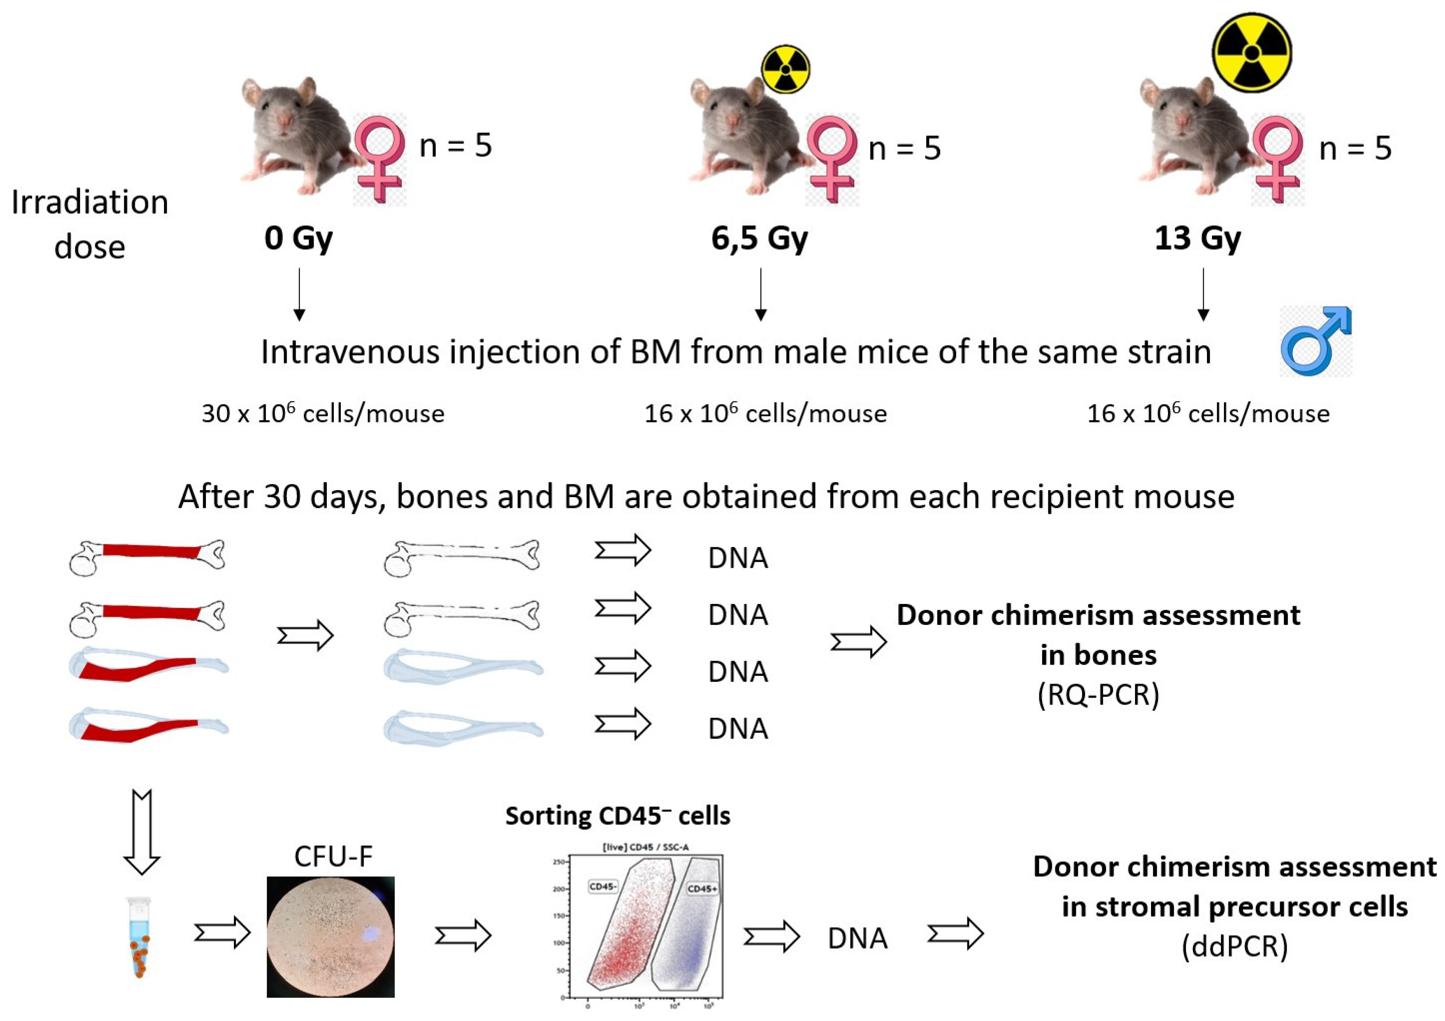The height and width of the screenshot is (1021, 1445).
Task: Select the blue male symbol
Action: coord(1316,341)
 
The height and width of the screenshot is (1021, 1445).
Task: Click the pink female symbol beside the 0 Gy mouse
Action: coord(379,159)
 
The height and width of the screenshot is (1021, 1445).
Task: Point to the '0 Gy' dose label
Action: coord(298,238)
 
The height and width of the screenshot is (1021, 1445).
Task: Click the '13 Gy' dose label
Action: coord(1197,238)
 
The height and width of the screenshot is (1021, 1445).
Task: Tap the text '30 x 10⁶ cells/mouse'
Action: coord(323,413)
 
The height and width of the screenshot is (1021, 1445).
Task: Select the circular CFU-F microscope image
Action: coord(331,937)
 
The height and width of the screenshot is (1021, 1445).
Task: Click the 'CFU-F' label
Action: coord(333,855)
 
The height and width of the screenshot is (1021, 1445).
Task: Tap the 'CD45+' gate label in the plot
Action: coord(702,889)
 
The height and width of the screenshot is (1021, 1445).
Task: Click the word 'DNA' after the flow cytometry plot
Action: coord(857,938)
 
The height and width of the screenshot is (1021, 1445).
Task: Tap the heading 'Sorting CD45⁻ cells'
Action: coord(617,816)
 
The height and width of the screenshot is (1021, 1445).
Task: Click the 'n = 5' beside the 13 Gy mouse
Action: coord(1355,148)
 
